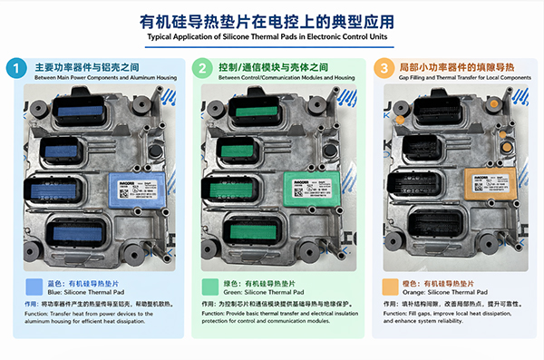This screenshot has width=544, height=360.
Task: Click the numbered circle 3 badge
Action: coord(386,69)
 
